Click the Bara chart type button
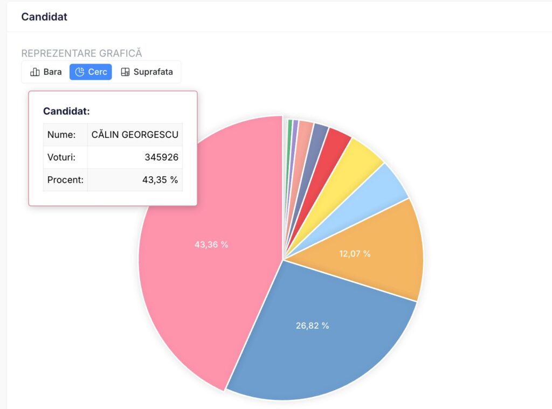coord(46,72)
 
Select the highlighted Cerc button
coord(91,72)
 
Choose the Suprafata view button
coord(147,72)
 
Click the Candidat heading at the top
coord(44,17)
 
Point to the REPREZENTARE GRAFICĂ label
coord(81,53)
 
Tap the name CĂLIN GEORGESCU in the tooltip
coord(135,135)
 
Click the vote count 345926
coord(161,157)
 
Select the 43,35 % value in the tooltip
coord(160,180)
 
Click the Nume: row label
coord(61,135)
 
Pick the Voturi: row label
coord(61,157)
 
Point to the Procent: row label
coord(65,180)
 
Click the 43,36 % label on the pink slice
coord(211,245)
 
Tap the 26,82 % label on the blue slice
coord(312,325)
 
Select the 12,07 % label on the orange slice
coord(355,253)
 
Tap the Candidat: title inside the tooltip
coord(66,111)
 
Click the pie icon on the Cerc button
coord(80,72)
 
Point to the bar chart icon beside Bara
coord(35,72)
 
